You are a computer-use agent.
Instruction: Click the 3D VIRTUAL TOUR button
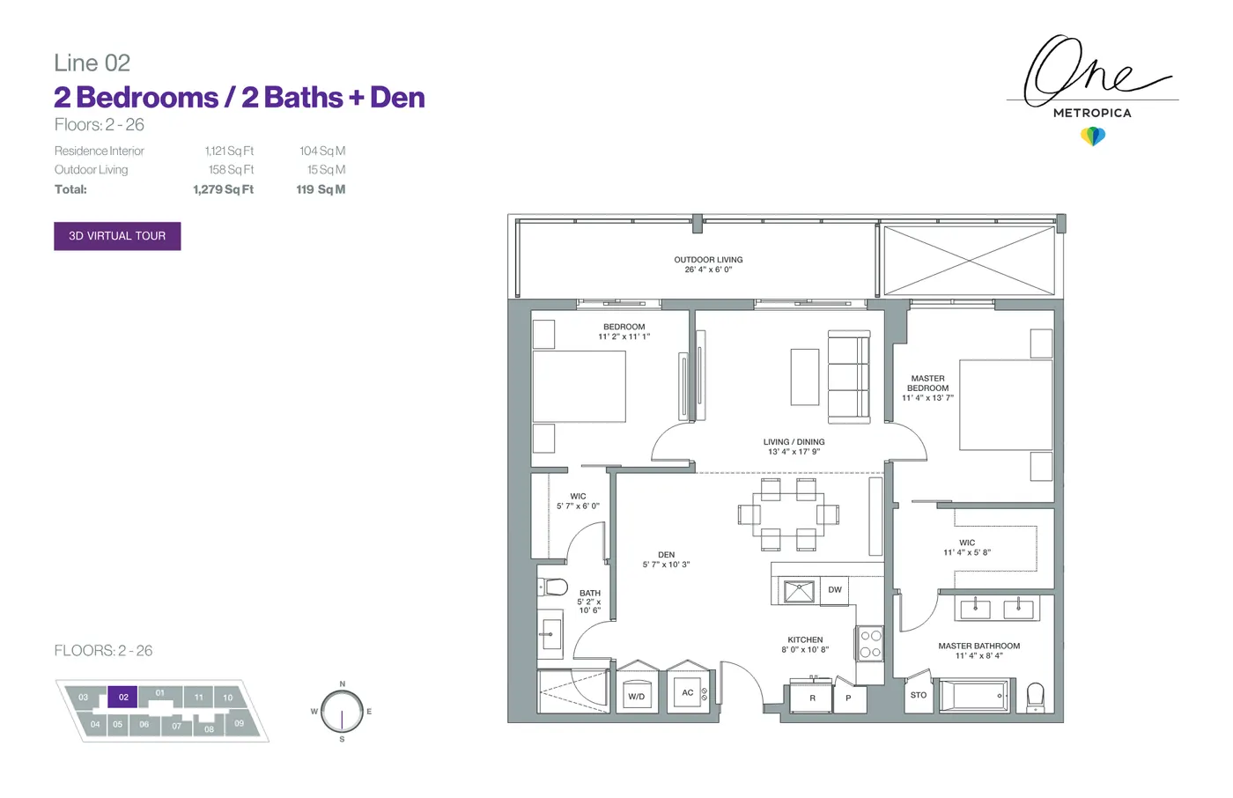pos(117,236)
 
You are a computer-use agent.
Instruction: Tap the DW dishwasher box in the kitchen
pos(835,590)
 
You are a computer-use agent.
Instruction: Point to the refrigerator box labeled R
pos(812,698)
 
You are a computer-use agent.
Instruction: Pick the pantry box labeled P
pos(849,698)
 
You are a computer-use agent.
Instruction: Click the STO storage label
pos(919,695)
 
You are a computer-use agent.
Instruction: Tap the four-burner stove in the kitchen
pos(870,644)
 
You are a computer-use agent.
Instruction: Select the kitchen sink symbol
pos(799,592)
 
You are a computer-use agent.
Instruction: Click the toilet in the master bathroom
pos(1036,698)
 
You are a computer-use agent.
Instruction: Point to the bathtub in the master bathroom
pos(974,696)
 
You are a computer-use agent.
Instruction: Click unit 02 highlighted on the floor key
pos(122,697)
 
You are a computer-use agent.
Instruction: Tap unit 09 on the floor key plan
pos(239,723)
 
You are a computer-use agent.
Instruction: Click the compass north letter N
pos(343,683)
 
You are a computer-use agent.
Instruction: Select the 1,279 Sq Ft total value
pos(224,189)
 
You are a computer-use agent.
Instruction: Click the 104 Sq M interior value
pos(322,151)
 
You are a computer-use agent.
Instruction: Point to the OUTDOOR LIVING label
pos(708,259)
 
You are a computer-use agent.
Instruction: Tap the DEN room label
pos(666,555)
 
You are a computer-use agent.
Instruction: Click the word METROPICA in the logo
pos(1092,114)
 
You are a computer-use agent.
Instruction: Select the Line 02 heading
pos(92,63)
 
